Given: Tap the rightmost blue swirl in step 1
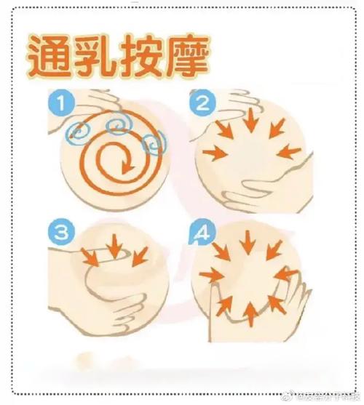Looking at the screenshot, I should (154, 144).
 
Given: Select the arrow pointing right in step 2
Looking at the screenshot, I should (216, 153).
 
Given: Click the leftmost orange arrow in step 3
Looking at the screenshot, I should (90, 256).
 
